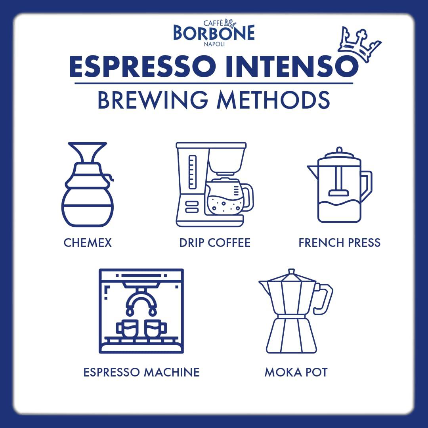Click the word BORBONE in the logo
[214, 33]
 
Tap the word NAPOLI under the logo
[214, 44]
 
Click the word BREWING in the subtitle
[153, 101]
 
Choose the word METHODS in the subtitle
[273, 101]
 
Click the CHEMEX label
[88, 243]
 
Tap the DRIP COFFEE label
[215, 243]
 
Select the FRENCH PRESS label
[339, 243]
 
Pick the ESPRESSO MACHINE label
[141, 372]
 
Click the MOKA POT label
[296, 373]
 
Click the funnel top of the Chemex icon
[87, 153]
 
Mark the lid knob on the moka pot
[291, 271]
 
